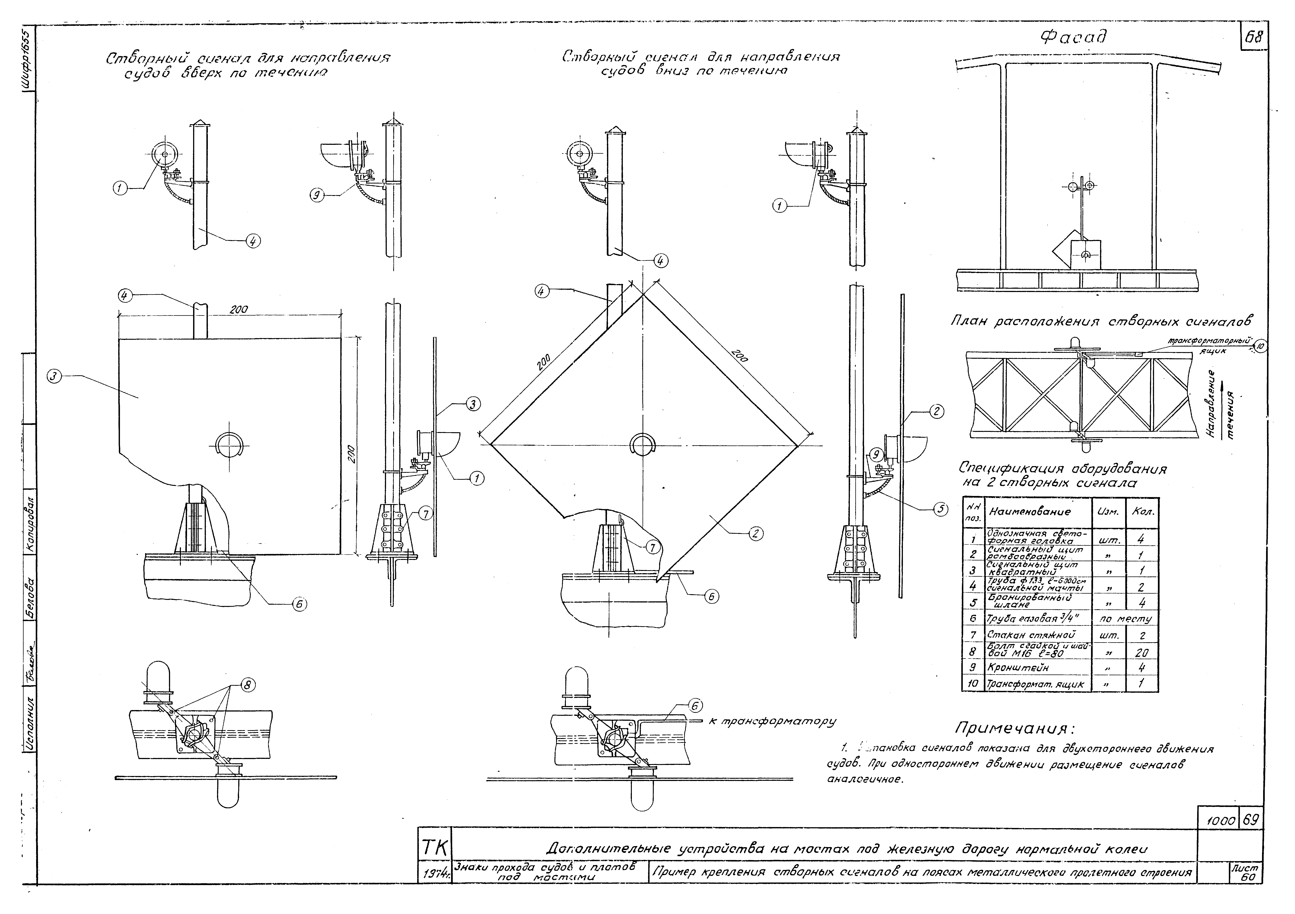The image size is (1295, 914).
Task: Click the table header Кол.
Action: point(1142,512)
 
